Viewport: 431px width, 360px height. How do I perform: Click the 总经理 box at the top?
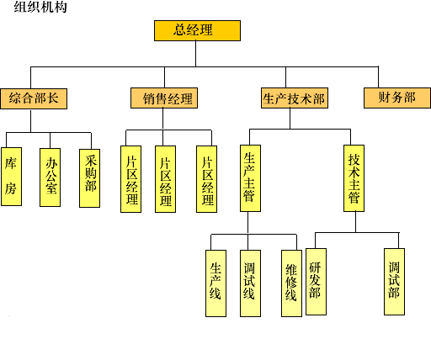click(x=197, y=30)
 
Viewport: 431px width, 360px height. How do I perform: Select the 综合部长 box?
click(x=34, y=98)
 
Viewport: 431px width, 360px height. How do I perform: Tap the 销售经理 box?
click(x=164, y=98)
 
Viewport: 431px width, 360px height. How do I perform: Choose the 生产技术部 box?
click(x=295, y=98)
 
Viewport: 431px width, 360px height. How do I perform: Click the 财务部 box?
click(x=397, y=98)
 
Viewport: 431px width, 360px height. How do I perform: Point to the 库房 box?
click(x=12, y=177)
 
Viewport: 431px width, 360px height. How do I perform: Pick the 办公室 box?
click(x=51, y=177)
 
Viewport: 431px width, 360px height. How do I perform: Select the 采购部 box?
click(x=90, y=178)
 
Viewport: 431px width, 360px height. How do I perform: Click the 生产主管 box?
click(x=251, y=178)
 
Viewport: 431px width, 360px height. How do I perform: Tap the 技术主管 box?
click(x=354, y=178)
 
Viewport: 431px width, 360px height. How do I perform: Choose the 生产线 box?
click(x=216, y=283)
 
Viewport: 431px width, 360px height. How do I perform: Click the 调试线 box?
click(x=251, y=283)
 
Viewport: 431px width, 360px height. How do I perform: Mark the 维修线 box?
click(x=292, y=283)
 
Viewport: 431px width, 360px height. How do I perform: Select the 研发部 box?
click(x=317, y=282)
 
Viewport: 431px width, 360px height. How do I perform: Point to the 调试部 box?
click(x=395, y=282)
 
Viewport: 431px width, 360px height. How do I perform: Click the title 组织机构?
click(x=40, y=7)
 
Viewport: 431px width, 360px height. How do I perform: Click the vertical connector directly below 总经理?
click(x=195, y=54)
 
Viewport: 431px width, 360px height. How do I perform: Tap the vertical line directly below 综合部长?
click(x=31, y=120)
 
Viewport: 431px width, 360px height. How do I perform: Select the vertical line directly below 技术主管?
click(x=356, y=222)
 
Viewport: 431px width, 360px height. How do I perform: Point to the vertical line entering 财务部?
click(x=378, y=77)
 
